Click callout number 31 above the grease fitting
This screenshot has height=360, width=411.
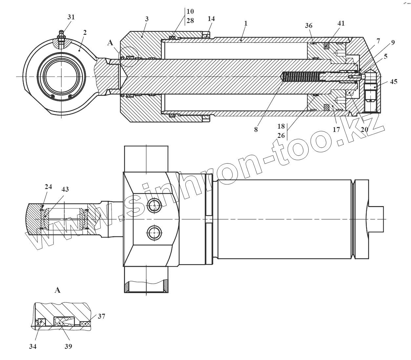pos(71,17)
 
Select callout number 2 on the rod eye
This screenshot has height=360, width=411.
pos(85,32)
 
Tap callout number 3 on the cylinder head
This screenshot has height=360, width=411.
pos(147,19)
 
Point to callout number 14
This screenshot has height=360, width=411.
pos(211,19)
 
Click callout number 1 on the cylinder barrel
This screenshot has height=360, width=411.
pos(246,23)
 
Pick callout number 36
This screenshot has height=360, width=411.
pos(308,26)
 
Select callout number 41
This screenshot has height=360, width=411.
pos(341,23)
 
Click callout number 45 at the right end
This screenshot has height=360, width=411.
pos(393,81)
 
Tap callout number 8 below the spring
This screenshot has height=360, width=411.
pos(256,129)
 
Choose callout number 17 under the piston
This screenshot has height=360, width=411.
pos(336,129)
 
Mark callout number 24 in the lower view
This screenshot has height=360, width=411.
pos(48,187)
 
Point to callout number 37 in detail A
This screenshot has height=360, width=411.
pos(101,316)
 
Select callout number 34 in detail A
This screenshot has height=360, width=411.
pos(32,346)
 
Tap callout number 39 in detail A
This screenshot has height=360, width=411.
pos(68,346)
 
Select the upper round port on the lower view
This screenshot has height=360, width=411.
pos(154,206)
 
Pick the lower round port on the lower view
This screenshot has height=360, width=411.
pos(154,233)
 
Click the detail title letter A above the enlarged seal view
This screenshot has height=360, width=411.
pos(57,290)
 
